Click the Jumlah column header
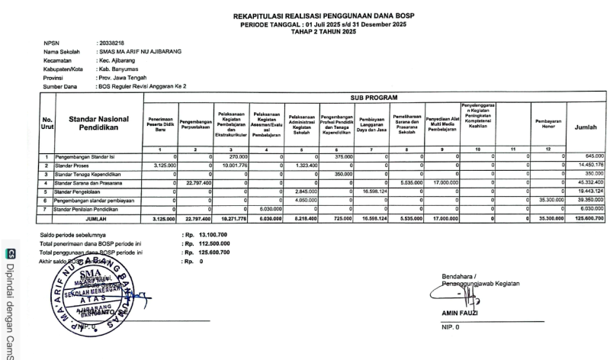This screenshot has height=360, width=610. pyautogui.click(x=586, y=127)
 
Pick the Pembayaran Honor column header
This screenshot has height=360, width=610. pyautogui.click(x=544, y=124)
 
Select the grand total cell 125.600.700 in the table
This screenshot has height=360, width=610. pyautogui.click(x=587, y=218)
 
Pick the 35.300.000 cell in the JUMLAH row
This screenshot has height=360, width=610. pyautogui.click(x=547, y=218)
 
